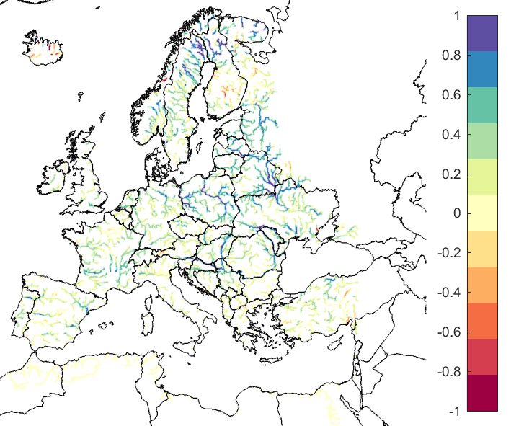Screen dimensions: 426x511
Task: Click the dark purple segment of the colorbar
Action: [482, 33]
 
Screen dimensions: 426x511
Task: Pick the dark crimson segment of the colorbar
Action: [482, 393]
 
